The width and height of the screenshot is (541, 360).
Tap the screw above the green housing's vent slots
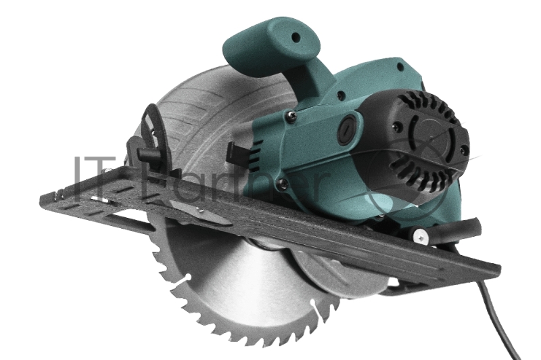click(291, 116)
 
